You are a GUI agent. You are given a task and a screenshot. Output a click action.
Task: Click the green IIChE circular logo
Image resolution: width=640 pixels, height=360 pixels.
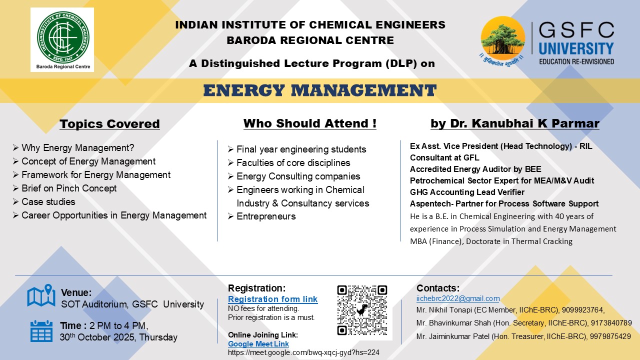[63, 37]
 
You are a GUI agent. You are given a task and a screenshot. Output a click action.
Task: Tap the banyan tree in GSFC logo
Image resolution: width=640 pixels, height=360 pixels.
[502, 39]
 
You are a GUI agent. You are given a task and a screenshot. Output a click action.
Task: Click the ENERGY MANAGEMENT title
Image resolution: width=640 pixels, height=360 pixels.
[319, 90]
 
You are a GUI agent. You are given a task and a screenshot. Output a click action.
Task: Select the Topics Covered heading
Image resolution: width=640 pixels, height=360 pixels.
[109, 124]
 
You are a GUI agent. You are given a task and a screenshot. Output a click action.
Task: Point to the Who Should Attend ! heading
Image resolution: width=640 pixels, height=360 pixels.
[309, 123]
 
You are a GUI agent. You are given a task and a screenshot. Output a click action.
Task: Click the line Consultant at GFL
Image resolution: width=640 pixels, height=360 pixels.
[444, 157]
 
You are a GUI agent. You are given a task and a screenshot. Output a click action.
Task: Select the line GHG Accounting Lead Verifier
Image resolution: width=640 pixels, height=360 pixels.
[467, 192]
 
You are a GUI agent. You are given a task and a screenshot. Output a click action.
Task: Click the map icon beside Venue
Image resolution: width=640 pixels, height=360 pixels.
[41, 295]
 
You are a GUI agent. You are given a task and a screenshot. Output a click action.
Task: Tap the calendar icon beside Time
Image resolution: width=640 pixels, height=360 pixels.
[41, 331]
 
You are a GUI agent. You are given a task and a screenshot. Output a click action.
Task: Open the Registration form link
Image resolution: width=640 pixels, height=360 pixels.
[272, 299]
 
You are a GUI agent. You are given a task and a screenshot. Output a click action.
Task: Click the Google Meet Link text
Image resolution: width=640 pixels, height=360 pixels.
[258, 343]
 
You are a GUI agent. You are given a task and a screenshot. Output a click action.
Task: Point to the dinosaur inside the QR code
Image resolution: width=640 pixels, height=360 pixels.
[362, 309]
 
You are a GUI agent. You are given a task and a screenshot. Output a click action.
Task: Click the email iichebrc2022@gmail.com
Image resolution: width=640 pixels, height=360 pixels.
[458, 298]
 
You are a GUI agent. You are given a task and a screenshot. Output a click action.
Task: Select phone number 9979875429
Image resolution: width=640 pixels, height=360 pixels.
[610, 336]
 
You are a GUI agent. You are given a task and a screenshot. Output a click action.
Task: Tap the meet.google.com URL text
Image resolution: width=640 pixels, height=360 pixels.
[303, 352]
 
